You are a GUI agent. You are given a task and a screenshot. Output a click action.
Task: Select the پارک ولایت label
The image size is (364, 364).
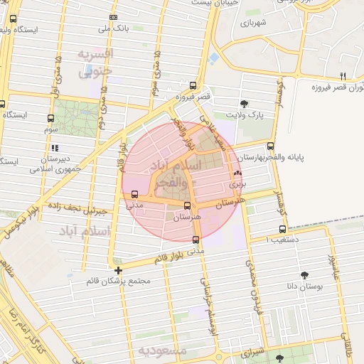[x=245, y=114]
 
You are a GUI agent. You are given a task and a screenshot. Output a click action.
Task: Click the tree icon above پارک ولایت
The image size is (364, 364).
[x=245, y=103]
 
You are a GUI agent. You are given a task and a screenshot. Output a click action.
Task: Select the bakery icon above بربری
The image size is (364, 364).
[x=237, y=173]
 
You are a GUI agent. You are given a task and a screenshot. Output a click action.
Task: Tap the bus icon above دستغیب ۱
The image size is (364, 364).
[x=283, y=229]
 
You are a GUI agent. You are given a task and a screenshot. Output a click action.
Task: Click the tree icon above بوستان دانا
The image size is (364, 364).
[x=304, y=274]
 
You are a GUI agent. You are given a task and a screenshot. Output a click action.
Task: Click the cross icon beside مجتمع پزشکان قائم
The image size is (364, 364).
[x=118, y=270]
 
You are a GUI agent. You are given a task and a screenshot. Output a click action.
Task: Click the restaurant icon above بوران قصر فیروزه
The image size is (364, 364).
[x=343, y=76]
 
